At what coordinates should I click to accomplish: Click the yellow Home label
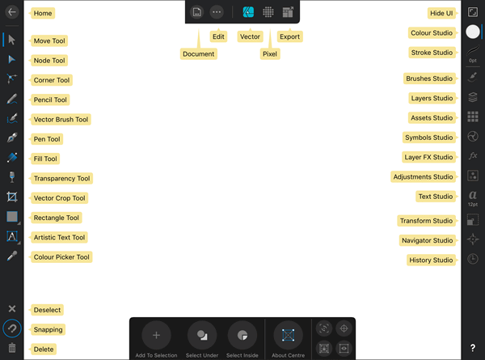point(44,14)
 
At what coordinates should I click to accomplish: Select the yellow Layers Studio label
point(432,98)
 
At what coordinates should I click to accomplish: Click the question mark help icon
point(473,347)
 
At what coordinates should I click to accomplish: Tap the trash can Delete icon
point(12,348)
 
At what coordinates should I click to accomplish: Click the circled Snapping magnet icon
point(12,328)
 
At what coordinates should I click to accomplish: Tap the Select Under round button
point(202,334)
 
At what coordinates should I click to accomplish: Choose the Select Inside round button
point(242,334)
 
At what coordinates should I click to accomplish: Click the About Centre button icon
point(288,334)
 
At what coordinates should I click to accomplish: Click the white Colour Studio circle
point(473,32)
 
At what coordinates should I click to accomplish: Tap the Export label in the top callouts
point(289,36)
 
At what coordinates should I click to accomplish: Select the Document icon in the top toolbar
point(196,12)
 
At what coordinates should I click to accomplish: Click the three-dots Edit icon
point(217,12)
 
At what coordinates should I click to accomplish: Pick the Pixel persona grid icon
point(268,12)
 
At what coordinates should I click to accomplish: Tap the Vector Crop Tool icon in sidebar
point(12,197)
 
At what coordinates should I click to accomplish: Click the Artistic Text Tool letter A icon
point(12,236)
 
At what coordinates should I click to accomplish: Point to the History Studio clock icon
point(473,259)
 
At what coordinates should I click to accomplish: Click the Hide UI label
point(442,14)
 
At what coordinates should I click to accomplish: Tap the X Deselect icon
point(12,309)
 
